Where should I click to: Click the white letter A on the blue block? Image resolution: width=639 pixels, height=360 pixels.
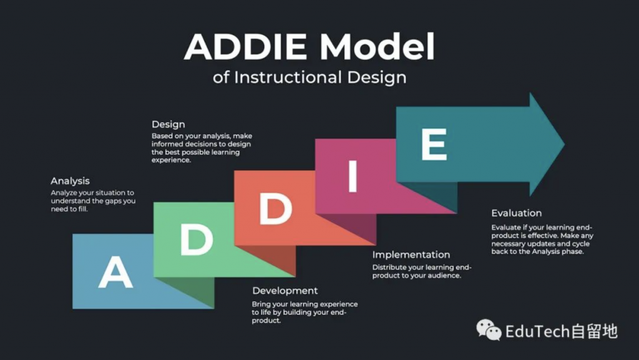point(115,273)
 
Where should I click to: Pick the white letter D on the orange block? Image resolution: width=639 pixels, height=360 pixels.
point(276,208)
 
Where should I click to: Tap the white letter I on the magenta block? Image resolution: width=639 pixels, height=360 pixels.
point(353,177)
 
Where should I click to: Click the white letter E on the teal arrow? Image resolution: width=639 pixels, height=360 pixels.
point(434,144)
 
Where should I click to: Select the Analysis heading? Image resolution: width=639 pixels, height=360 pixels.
point(70,181)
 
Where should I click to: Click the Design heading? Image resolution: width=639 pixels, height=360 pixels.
point(168,124)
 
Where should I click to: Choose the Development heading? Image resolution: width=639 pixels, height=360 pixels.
point(285,290)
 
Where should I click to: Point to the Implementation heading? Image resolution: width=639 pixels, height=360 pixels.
point(411,255)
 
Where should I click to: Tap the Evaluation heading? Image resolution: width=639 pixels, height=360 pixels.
point(516,213)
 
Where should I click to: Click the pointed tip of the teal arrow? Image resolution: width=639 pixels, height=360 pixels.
point(564,144)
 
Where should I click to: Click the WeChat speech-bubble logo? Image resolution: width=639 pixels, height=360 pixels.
point(489,329)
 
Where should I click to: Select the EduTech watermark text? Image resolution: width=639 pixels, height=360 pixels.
point(562,331)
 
